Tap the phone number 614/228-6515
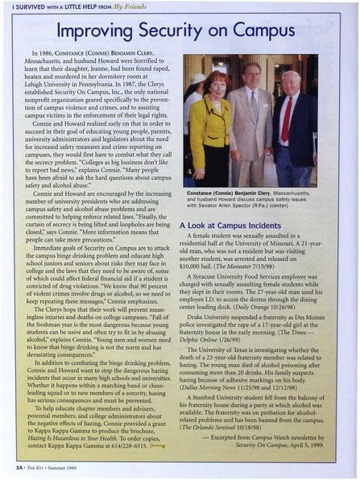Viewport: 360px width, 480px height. pyautogui.click(x=124, y=443)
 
